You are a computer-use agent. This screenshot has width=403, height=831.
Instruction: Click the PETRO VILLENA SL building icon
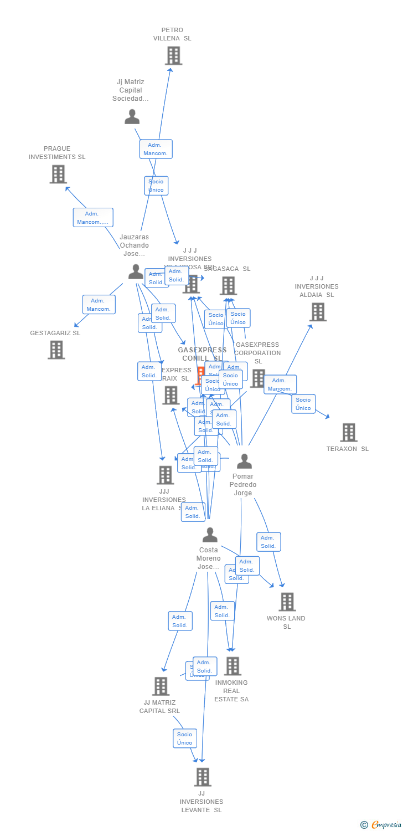[173, 55]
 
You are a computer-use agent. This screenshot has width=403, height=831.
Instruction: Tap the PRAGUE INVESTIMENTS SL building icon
[58, 174]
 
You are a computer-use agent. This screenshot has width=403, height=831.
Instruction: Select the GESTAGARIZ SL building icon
[56, 350]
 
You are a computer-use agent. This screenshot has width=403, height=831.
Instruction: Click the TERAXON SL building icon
[348, 432]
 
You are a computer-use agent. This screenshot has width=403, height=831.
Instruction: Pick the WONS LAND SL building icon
[287, 602]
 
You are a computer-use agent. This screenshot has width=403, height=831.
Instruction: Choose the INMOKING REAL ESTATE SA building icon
[232, 666]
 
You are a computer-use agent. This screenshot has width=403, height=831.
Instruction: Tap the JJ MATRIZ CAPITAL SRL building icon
[160, 686]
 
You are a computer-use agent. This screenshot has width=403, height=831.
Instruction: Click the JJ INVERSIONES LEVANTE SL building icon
[202, 777]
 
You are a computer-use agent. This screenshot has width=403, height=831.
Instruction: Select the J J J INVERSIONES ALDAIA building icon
[317, 312]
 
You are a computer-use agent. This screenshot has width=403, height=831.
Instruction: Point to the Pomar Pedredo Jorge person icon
[244, 461]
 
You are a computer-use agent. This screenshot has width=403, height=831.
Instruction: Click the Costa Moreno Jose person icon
[209, 535]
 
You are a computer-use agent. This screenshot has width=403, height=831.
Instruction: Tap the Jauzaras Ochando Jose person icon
[136, 271]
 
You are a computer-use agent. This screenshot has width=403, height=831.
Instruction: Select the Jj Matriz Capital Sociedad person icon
[132, 116]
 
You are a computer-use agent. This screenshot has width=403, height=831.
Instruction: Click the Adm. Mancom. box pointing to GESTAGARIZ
[99, 305]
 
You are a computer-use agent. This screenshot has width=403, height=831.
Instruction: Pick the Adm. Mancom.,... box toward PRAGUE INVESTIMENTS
[92, 218]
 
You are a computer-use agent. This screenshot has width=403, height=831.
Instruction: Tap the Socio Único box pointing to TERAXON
[303, 404]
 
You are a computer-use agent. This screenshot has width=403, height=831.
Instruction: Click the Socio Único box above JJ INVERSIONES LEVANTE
[184, 738]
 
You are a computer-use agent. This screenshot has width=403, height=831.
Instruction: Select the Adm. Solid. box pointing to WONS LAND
[268, 542]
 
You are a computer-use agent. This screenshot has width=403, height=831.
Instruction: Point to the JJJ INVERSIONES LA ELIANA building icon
[165, 475]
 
